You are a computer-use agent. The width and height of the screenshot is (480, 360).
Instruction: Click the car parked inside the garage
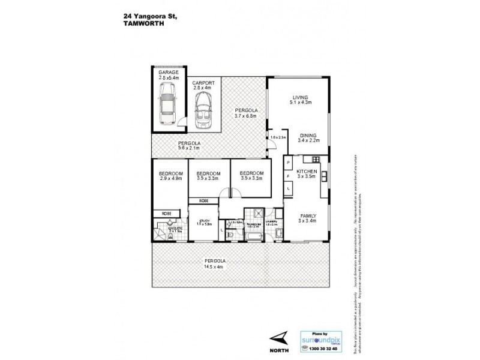coord(166,101)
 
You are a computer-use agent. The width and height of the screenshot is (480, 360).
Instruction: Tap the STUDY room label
coord(203,221)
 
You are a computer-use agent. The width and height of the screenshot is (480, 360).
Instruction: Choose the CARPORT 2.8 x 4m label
coord(203,85)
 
